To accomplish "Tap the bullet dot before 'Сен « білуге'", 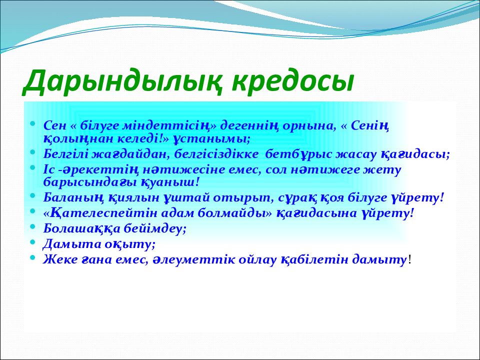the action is click(33, 123).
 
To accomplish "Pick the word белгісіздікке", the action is click(216, 154).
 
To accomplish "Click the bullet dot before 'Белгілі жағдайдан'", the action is click(33, 152).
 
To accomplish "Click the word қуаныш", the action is click(170, 182).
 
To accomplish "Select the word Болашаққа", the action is click(81, 228).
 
